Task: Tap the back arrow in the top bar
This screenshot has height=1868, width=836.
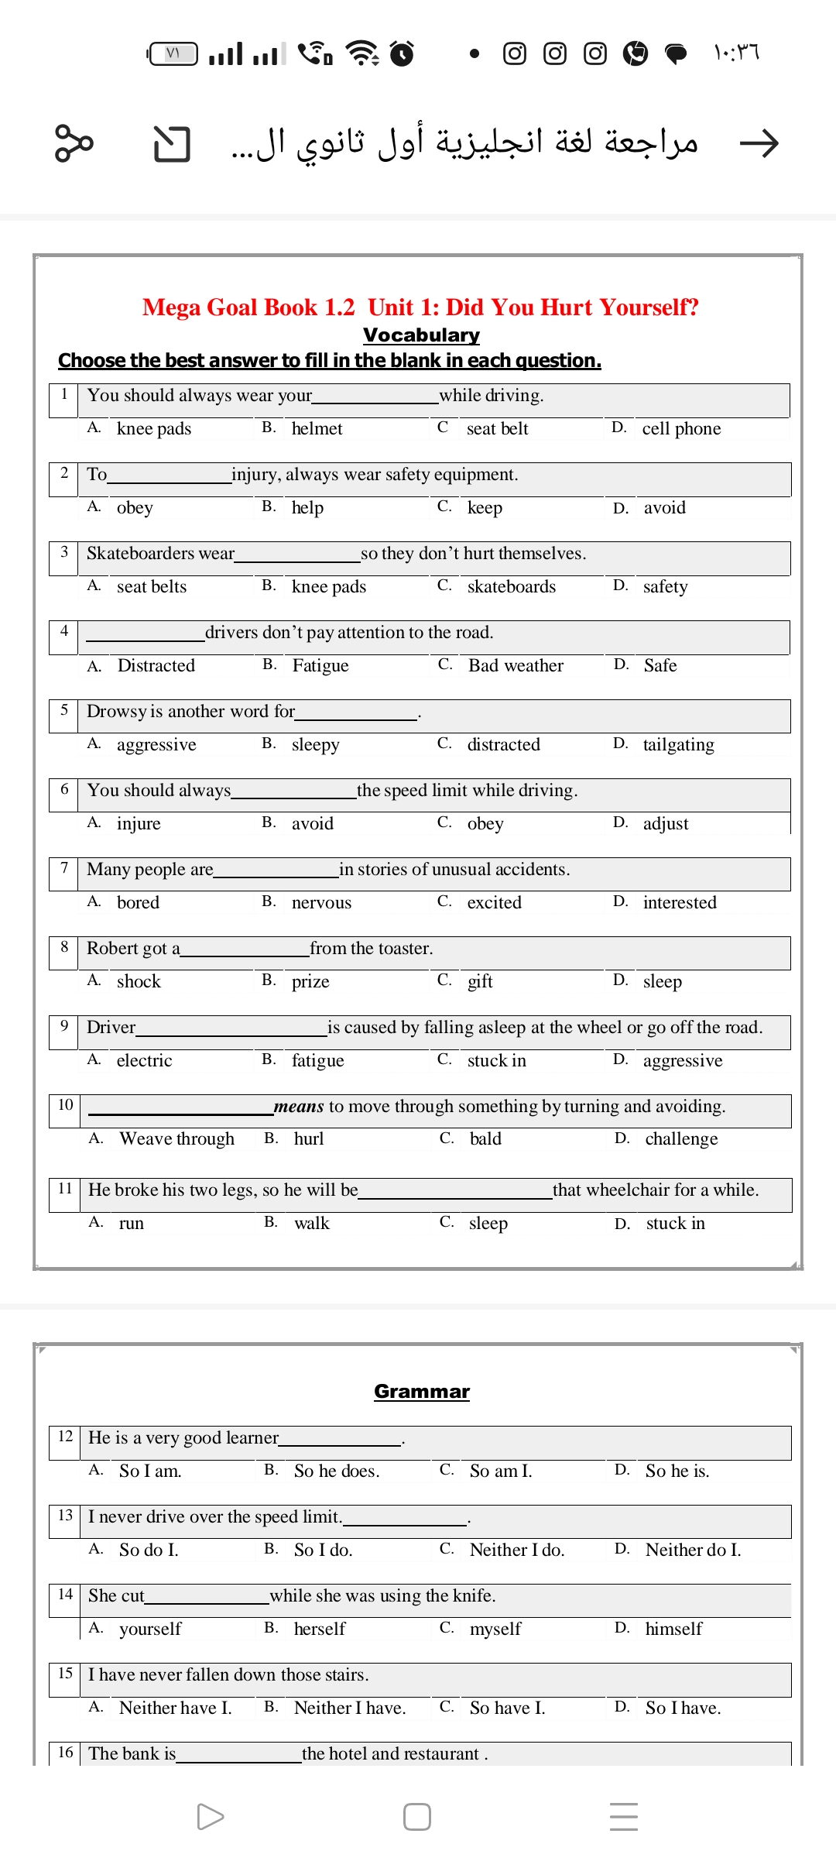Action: [x=759, y=143]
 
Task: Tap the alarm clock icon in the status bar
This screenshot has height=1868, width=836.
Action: [x=402, y=53]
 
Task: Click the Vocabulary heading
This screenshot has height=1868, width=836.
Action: [x=421, y=335]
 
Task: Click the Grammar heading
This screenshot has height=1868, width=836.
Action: [x=422, y=1392]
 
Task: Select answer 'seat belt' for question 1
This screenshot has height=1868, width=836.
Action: [x=497, y=429]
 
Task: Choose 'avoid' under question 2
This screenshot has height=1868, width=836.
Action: [x=664, y=508]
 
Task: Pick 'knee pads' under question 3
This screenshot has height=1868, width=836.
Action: [x=329, y=587]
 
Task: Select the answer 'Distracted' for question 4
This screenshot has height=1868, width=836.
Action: [x=156, y=666]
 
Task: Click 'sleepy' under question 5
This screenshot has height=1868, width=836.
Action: [x=316, y=745]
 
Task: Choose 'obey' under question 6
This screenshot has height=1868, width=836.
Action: [x=485, y=824]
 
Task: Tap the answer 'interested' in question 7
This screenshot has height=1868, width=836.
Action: [x=680, y=903]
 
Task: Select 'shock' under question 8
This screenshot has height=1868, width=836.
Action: [x=139, y=982]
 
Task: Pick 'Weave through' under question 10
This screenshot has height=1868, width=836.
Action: [x=176, y=1139]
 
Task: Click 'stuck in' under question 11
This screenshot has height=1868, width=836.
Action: [x=675, y=1224]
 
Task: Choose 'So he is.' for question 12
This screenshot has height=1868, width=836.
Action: [x=677, y=1471]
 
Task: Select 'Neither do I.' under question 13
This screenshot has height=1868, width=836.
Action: [x=693, y=1550]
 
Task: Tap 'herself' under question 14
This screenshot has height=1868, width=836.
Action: [x=320, y=1629]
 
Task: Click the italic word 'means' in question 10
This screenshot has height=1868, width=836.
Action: [x=299, y=1107]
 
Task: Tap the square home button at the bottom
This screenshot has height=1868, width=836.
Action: [x=417, y=1817]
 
